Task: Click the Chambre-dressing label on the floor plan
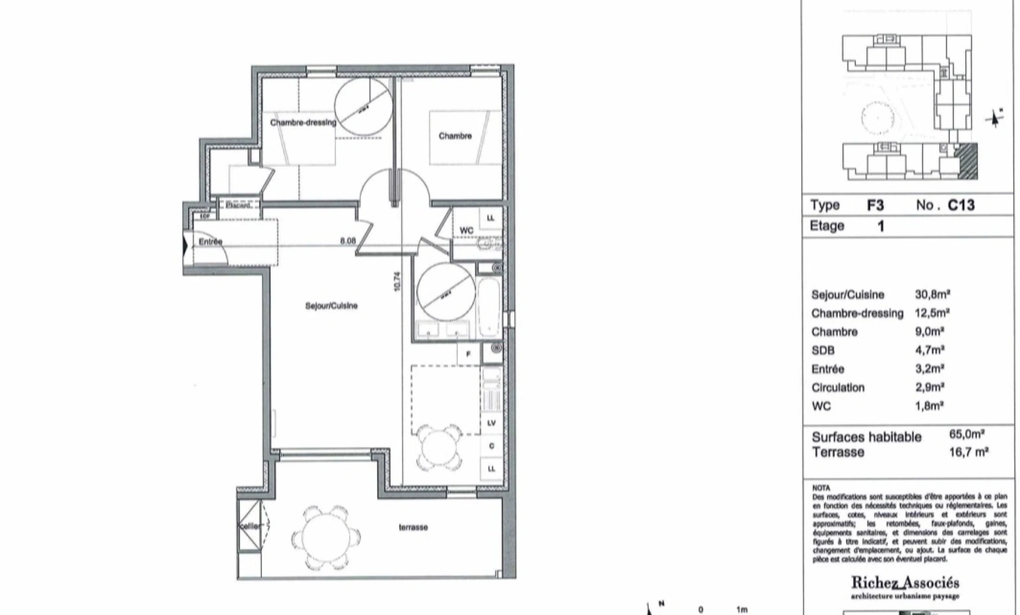[303, 122]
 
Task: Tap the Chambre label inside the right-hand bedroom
[455, 136]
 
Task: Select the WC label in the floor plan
[466, 230]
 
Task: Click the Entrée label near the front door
[210, 241]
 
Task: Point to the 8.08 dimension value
[348, 241]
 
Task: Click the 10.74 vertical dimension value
[397, 281]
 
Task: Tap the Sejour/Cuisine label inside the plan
[331, 306]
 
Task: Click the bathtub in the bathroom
[489, 306]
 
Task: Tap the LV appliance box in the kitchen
[491, 423]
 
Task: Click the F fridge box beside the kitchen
[469, 354]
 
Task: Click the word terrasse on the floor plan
[413, 527]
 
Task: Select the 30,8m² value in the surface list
[932, 294]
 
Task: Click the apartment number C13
[961, 205]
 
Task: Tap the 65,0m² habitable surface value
[966, 434]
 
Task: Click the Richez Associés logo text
[905, 583]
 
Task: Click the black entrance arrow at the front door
[185, 246]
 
